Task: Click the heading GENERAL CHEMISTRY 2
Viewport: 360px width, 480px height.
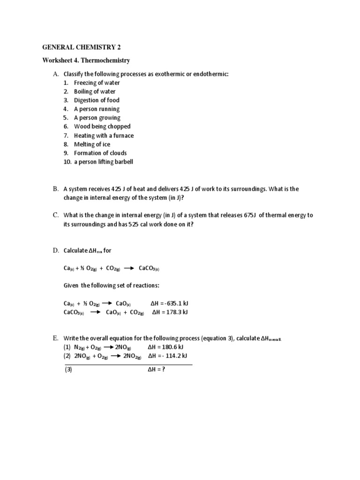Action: pyautogui.click(x=84, y=47)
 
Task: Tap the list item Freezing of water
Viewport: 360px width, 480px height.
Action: pyautogui.click(x=97, y=82)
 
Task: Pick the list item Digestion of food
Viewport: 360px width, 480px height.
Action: pyautogui.click(x=97, y=100)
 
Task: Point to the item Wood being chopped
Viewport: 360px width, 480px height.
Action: pyautogui.click(x=102, y=127)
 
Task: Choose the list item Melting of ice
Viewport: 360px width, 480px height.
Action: pyautogui.click(x=92, y=144)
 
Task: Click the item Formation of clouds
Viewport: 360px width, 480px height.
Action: pyautogui.click(x=100, y=153)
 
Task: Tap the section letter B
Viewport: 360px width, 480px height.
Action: pyautogui.click(x=55, y=189)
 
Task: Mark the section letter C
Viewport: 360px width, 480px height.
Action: pyautogui.click(x=55, y=215)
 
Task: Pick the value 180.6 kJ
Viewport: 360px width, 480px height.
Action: pyautogui.click(x=172, y=347)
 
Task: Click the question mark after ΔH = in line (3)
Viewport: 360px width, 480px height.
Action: pyautogui.click(x=164, y=369)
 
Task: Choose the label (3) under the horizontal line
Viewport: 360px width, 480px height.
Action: pyautogui.click(x=68, y=369)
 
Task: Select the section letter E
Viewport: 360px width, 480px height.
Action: pyautogui.click(x=55, y=338)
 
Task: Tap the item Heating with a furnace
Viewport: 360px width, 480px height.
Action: pyautogui.click(x=104, y=135)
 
